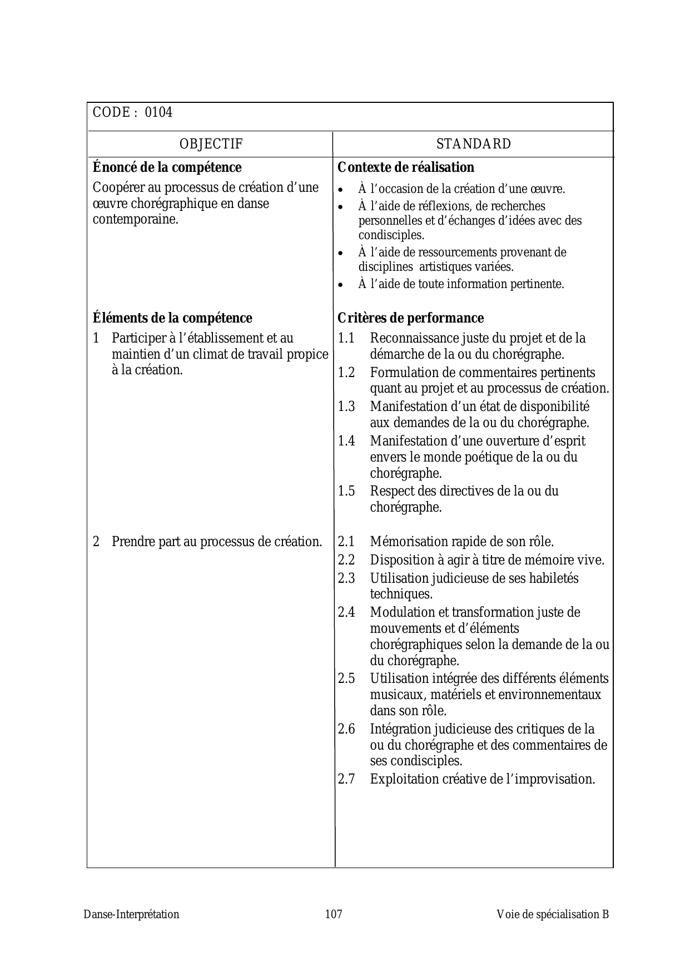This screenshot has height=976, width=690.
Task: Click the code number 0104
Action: tap(158, 112)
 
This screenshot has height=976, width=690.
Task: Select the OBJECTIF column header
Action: tap(211, 144)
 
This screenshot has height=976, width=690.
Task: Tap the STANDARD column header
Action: tap(473, 144)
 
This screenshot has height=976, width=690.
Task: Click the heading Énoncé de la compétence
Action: tap(167, 167)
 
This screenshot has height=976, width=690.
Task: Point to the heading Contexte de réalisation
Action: tap(406, 167)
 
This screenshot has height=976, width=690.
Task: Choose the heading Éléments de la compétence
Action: tap(172, 318)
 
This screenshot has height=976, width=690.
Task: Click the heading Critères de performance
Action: tap(410, 318)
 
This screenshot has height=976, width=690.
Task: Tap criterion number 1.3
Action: tap(346, 407)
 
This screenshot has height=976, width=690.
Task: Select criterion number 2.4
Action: tap(346, 612)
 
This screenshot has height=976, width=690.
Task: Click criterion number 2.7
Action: tap(346, 779)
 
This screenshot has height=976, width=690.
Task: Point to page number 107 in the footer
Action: tap(334, 914)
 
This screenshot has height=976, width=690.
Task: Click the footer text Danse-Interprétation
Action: tap(132, 914)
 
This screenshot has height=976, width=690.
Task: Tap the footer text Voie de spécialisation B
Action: tap(553, 914)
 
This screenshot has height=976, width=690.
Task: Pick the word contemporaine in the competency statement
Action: tap(135, 219)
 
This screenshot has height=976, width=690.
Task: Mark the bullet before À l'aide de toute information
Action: tap(341, 285)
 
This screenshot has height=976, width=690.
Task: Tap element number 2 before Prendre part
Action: tap(96, 542)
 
